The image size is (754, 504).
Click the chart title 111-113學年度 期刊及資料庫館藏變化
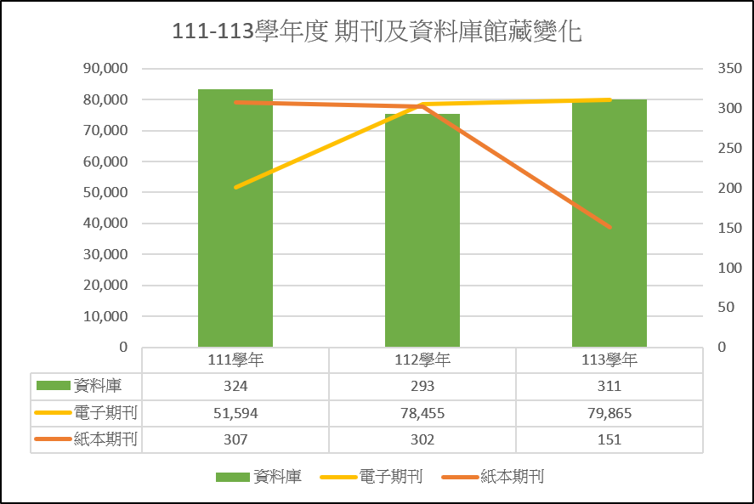pyautogui.click(x=377, y=32)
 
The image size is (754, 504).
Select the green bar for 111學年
pyautogui.click(x=235, y=221)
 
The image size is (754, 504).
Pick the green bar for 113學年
pyautogui.click(x=609, y=225)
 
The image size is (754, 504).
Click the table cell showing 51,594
pyautogui.click(x=235, y=413)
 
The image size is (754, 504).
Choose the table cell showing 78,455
pyautogui.click(x=422, y=413)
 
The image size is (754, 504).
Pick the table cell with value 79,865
pyautogui.click(x=609, y=413)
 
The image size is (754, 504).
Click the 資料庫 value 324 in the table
pyautogui.click(x=235, y=386)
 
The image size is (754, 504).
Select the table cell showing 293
pyautogui.click(x=422, y=386)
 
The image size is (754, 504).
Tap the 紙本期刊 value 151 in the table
pyautogui.click(x=609, y=439)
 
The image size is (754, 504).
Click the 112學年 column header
pyautogui.click(x=422, y=360)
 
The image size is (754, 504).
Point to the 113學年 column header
pyautogui.click(x=609, y=360)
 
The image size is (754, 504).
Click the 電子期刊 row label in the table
pyautogui.click(x=105, y=413)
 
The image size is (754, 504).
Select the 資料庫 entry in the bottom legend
pyautogui.click(x=277, y=477)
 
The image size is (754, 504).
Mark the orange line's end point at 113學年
pyautogui.click(x=609, y=227)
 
